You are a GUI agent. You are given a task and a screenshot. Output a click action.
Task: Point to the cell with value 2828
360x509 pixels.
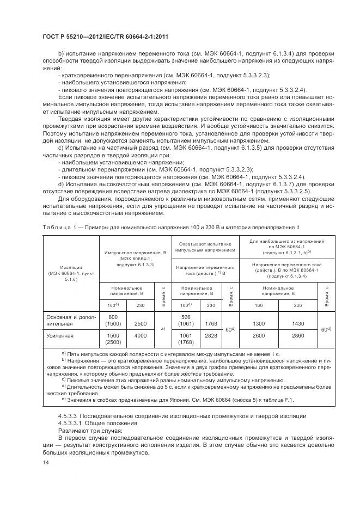tap(209, 336)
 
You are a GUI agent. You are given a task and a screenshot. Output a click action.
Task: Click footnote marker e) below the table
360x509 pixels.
tap(64, 400)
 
